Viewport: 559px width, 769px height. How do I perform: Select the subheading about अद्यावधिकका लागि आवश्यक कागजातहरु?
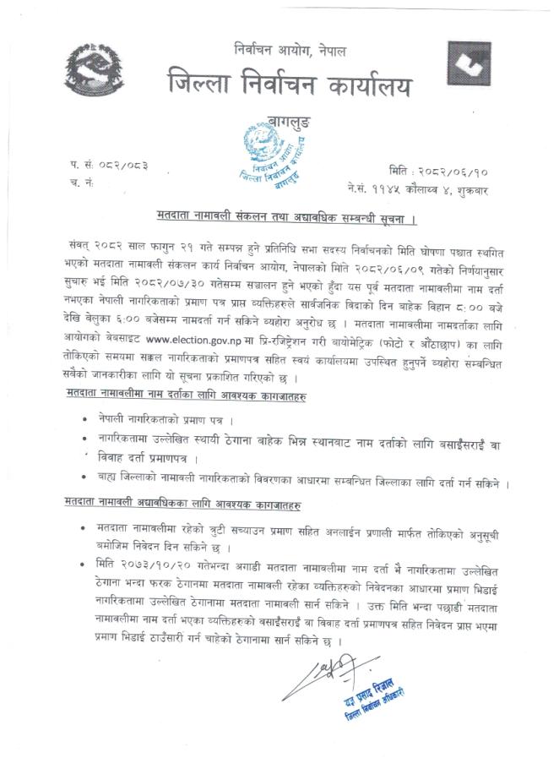pos(186,504)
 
